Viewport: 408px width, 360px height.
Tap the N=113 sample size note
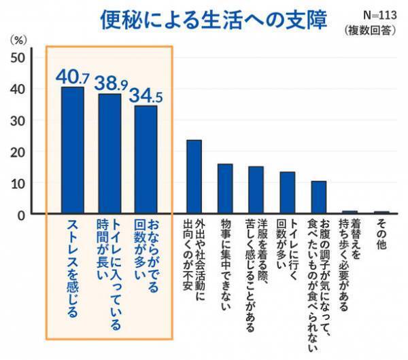coord(372,13)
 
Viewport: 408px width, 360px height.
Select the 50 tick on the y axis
coord(19,58)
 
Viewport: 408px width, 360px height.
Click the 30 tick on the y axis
coord(19,121)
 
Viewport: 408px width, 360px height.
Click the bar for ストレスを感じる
coord(73,151)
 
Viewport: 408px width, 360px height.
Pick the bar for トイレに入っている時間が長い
coord(109,154)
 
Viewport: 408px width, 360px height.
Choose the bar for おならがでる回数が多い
coord(146,160)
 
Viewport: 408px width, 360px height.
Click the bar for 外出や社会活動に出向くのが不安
coord(194,177)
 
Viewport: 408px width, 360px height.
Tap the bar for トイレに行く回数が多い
coord(288,194)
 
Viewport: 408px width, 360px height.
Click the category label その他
coord(381,234)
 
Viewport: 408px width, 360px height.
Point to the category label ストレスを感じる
coord(73,268)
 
